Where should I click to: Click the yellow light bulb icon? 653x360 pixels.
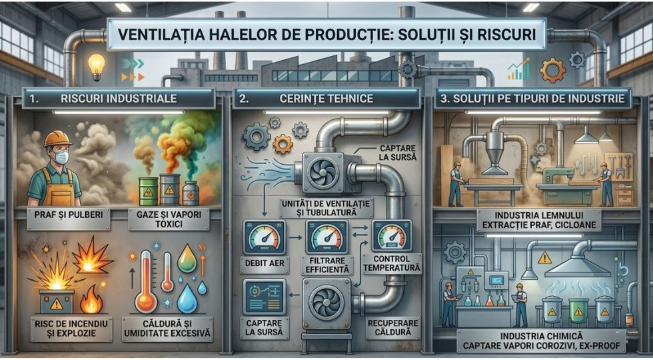click(96, 67)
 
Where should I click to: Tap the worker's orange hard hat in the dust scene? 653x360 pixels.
click(57, 139)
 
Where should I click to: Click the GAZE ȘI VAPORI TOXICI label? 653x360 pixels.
click(168, 219)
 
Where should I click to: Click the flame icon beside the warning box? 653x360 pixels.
click(91, 299)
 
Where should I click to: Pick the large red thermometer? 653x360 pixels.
click(146, 281)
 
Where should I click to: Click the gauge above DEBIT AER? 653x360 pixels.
click(264, 237)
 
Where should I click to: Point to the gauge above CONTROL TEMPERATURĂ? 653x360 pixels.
click(392, 236)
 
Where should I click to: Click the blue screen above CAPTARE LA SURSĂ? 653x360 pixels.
click(264, 297)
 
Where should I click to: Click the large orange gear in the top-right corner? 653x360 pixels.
click(552, 70)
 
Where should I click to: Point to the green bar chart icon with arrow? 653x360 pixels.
click(518, 69)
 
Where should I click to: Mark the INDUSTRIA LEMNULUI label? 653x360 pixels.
click(538, 216)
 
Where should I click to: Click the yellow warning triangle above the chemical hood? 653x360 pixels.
click(544, 259)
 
